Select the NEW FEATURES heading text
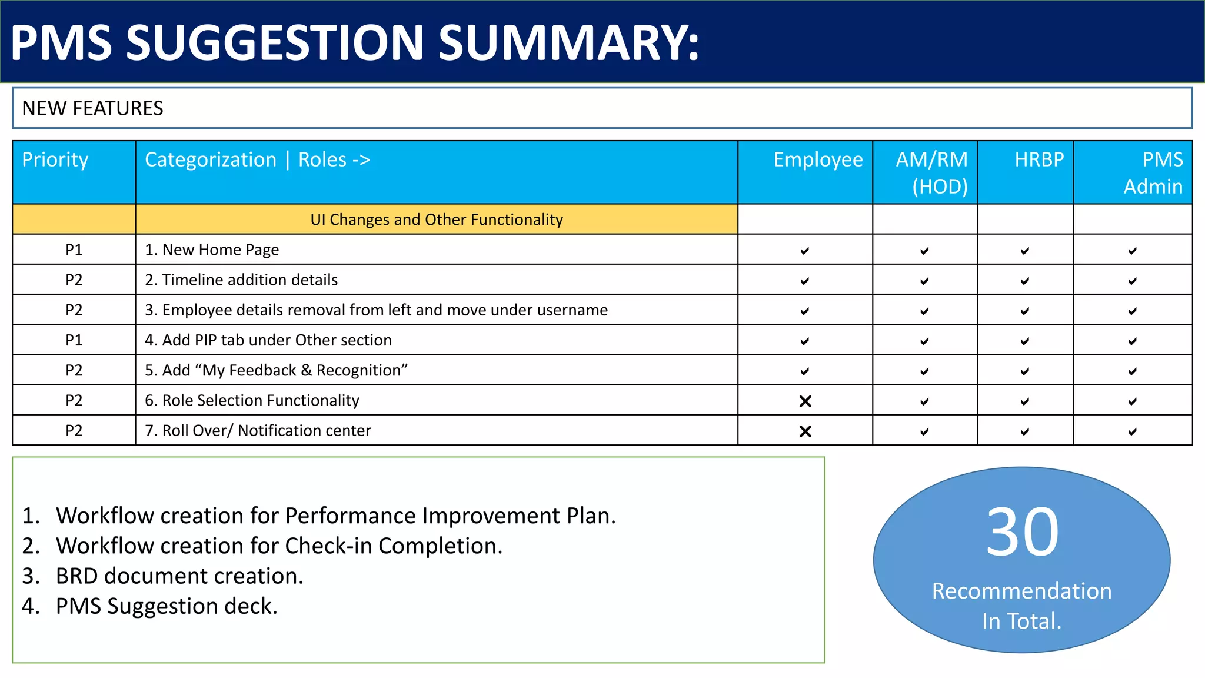click(92, 108)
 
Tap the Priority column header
click(55, 159)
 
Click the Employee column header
click(817, 159)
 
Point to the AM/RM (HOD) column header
click(931, 172)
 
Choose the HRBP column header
click(1038, 159)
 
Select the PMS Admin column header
click(1153, 172)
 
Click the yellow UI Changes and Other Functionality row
click(436, 220)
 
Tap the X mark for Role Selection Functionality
click(805, 401)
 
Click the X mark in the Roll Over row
click(805, 431)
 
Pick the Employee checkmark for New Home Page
click(804, 251)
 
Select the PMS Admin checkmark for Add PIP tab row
click(1132, 341)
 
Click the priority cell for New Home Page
click(74, 250)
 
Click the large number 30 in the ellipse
click(1022, 532)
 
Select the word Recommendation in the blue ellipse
click(1021, 591)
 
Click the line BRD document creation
click(179, 576)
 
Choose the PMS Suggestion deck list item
click(167, 606)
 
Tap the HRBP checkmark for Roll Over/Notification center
click(1024, 431)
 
